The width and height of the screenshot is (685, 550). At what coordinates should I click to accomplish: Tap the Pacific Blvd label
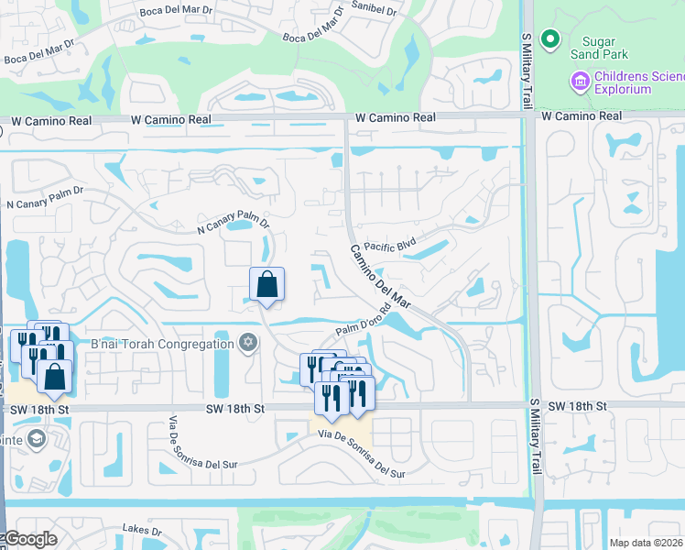(390, 246)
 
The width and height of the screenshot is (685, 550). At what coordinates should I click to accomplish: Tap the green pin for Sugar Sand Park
(549, 39)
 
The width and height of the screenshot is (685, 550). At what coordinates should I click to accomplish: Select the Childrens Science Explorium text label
(635, 82)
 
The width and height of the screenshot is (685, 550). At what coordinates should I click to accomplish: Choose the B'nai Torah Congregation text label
(162, 344)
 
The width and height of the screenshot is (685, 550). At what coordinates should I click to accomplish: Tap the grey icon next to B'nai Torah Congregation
(246, 343)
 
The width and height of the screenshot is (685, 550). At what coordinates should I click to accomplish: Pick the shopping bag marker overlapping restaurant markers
(55, 376)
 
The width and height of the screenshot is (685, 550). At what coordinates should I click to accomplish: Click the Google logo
(29, 539)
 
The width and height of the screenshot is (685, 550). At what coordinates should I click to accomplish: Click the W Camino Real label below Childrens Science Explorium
(581, 116)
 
